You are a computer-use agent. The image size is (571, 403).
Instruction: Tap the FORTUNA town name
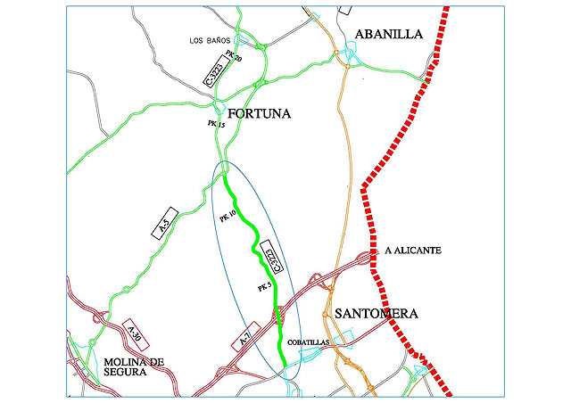(x=261, y=114)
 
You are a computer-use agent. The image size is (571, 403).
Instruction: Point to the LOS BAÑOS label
(x=210, y=41)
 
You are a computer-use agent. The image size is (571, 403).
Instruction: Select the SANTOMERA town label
(x=376, y=314)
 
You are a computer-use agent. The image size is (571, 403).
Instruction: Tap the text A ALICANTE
(x=413, y=251)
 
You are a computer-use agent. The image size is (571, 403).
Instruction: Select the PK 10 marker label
(x=227, y=217)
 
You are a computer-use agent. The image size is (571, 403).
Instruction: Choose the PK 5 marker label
(x=263, y=287)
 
